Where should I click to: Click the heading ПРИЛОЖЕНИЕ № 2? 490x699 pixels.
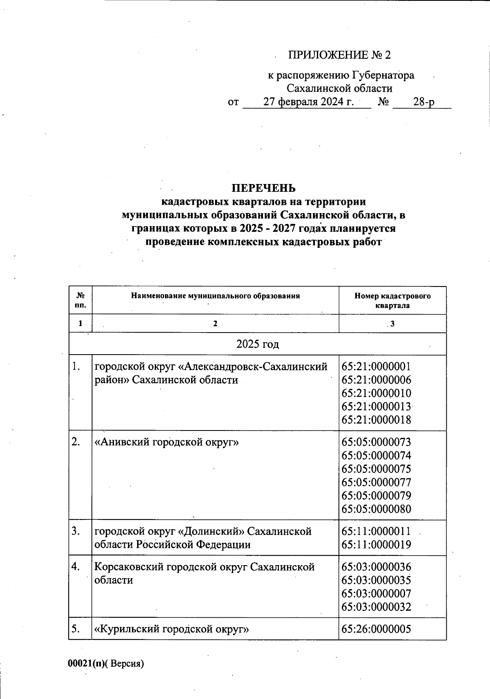coord(339,55)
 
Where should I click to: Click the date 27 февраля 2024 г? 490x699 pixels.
coord(308,102)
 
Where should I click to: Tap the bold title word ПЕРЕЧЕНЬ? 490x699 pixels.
coord(263,188)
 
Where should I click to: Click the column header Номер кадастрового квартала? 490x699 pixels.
coord(392,300)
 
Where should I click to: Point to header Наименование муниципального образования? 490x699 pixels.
coord(215,296)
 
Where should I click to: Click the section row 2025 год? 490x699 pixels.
coord(258,344)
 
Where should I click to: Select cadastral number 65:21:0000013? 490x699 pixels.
coord(376,406)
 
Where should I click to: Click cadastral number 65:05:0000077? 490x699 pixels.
coord(376,482)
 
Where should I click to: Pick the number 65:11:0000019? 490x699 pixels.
coord(376,545)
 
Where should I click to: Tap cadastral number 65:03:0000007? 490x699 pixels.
coord(376,593)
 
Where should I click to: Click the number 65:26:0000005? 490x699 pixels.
coord(376,629)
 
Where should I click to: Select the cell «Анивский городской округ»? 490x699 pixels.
coord(167,442)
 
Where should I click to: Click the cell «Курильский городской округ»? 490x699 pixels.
coord(171,629)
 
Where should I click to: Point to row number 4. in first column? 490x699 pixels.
coord(76,567)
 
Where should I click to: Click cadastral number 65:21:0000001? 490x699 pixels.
coord(376,366)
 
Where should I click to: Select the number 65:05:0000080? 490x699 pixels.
coord(376,509)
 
